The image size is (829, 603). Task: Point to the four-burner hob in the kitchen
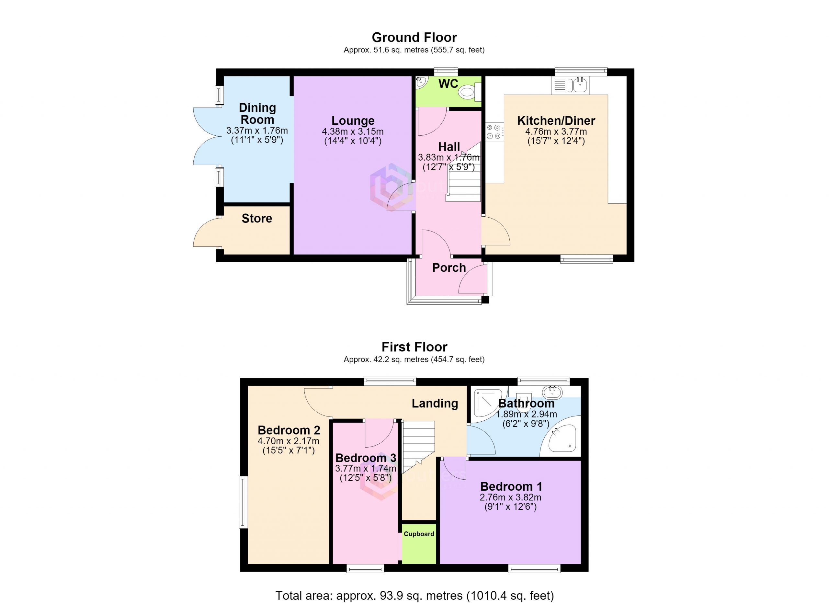click(x=494, y=131)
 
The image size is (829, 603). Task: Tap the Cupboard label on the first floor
click(x=419, y=534)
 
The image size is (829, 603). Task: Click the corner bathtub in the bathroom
click(x=560, y=440)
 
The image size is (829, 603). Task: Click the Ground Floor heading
click(x=414, y=38)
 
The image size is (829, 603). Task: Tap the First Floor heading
click(x=414, y=347)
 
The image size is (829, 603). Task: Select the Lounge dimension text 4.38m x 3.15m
click(x=353, y=131)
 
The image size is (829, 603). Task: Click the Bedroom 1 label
click(x=511, y=486)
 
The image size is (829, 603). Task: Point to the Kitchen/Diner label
click(x=556, y=120)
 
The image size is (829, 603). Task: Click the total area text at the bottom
click(x=414, y=595)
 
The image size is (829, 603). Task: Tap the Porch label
click(x=449, y=268)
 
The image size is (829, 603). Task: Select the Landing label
click(x=435, y=404)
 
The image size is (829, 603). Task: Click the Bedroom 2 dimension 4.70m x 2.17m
click(x=289, y=441)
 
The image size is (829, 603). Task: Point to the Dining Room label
click(x=257, y=114)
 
